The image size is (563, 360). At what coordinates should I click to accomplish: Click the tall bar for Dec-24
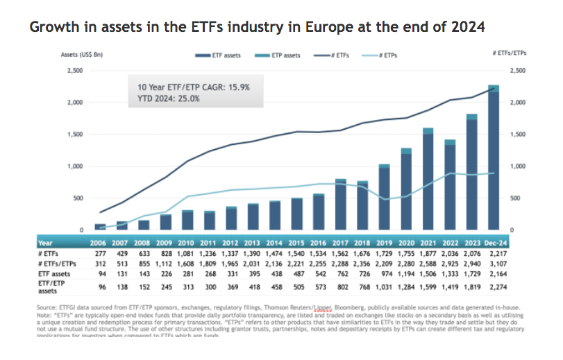[x=494, y=160]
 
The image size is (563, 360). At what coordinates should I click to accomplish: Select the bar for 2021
[x=428, y=180]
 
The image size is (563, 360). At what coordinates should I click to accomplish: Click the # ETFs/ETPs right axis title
[x=509, y=53]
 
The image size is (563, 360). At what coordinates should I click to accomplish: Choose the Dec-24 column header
[x=493, y=243]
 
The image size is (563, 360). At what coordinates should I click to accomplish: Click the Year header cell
[x=45, y=243]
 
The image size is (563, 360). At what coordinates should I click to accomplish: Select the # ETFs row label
[x=49, y=253]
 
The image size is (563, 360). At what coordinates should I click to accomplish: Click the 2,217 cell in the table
[x=494, y=253]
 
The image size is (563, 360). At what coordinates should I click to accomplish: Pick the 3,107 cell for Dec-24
[x=494, y=264]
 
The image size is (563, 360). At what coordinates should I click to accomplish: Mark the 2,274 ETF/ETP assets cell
[x=494, y=286]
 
